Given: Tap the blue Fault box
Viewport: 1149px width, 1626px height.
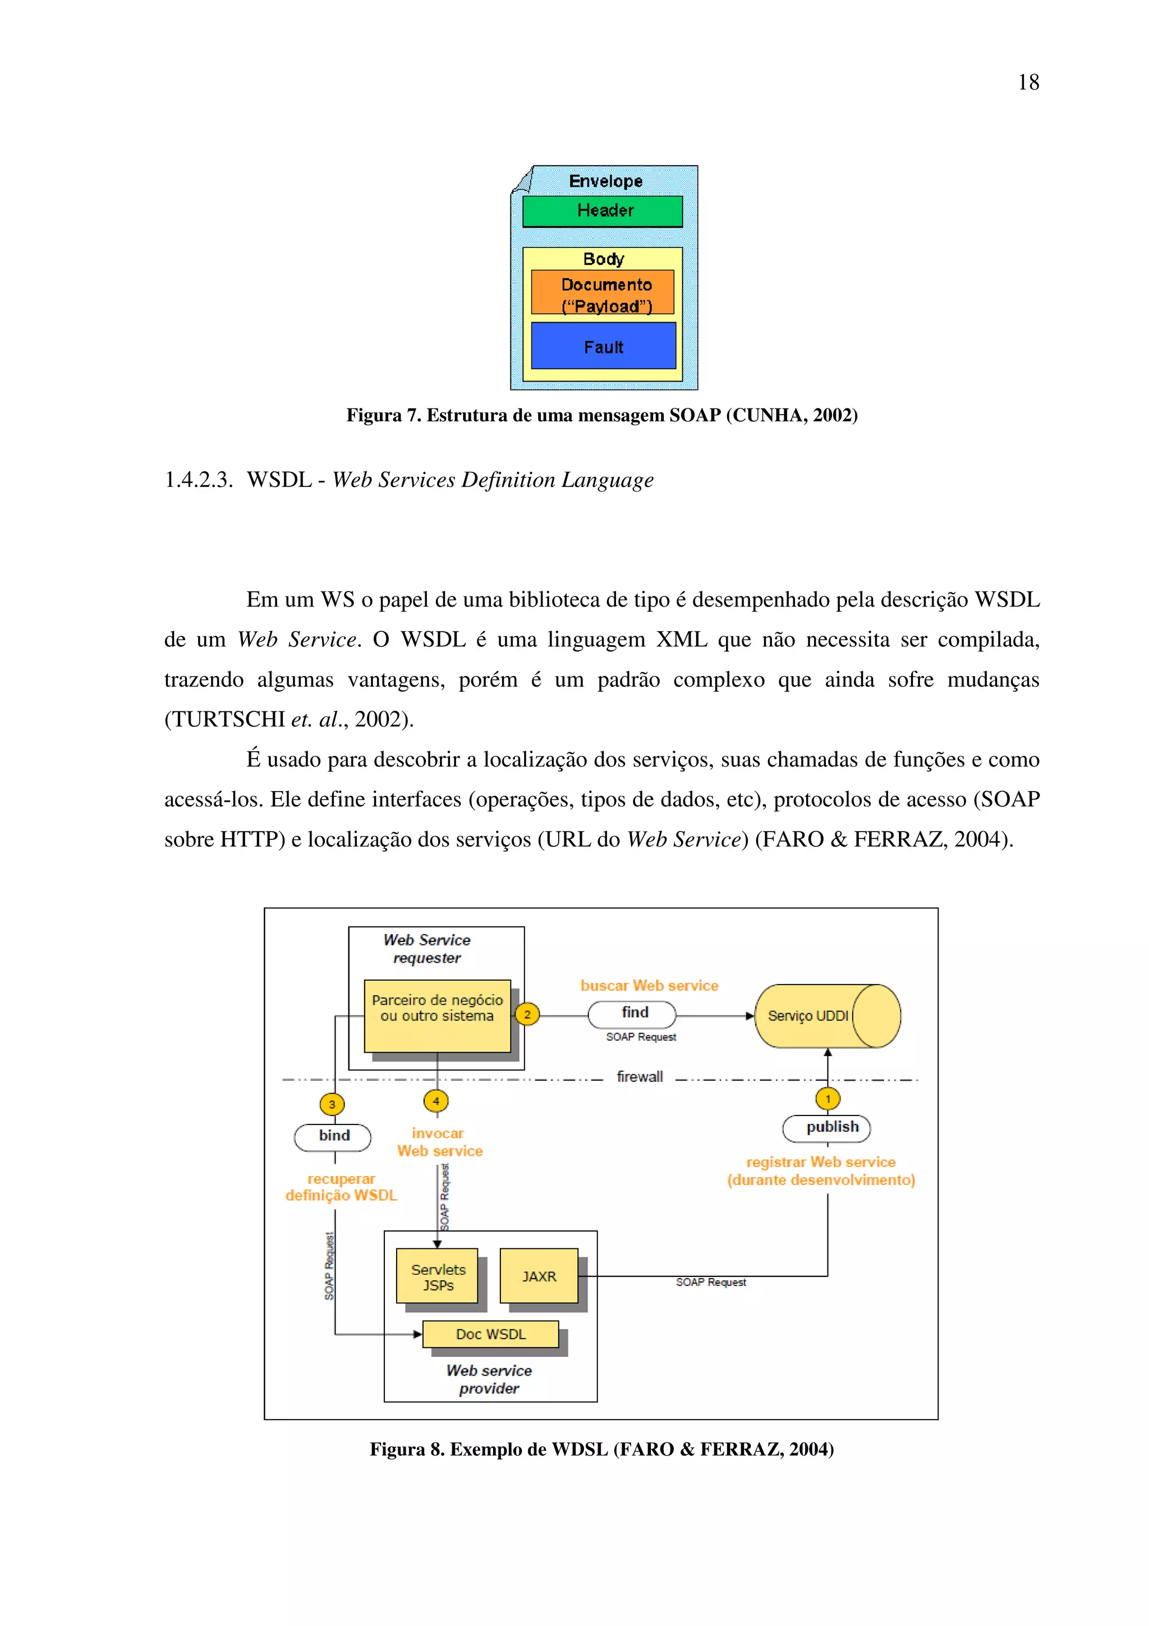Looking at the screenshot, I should click(603, 346).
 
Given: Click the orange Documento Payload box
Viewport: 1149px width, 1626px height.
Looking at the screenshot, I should click(603, 292).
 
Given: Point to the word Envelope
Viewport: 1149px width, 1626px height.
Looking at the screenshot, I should click(605, 181).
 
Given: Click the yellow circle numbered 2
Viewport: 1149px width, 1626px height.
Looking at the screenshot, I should click(527, 1014).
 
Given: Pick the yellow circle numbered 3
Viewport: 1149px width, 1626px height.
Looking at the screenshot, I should click(332, 1104).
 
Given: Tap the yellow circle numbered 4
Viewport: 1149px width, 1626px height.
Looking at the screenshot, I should click(436, 1101).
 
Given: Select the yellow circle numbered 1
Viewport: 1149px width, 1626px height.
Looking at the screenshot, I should click(828, 1099).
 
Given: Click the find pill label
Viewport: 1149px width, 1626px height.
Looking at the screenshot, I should click(632, 1013).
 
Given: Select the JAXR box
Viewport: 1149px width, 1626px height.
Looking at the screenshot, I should click(539, 1276).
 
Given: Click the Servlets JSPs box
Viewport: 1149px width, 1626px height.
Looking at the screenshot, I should click(438, 1276).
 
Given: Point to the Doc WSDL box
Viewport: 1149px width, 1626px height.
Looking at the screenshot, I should click(490, 1334).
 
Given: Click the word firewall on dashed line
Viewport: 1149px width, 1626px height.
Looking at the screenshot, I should click(639, 1077).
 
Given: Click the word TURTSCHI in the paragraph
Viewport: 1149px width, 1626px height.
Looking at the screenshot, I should click(229, 719).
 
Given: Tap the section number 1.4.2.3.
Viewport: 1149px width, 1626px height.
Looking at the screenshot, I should click(197, 480).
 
